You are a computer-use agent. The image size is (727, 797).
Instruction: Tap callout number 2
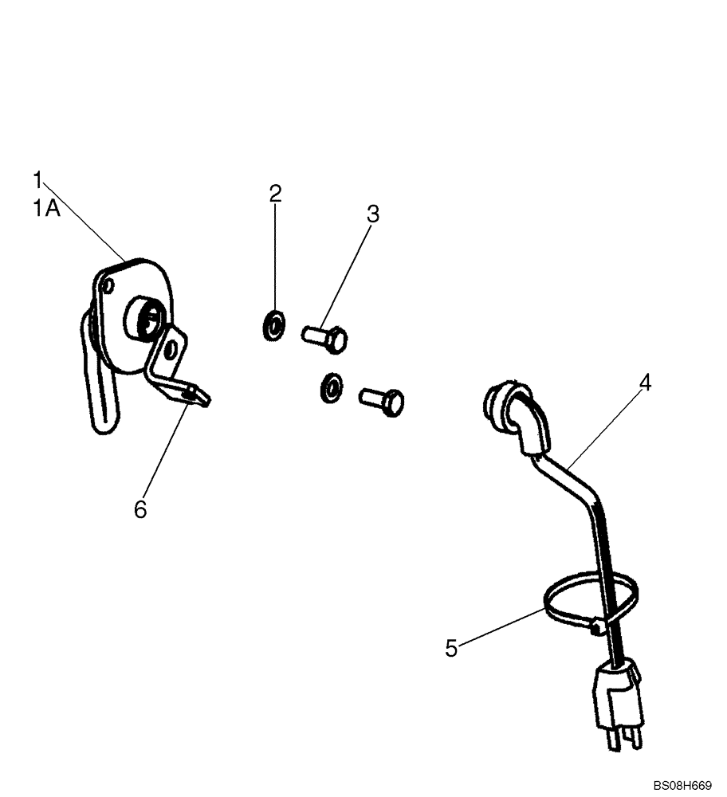[275, 193]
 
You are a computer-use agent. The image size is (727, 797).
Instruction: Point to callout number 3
[373, 214]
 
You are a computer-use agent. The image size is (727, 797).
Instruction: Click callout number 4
[646, 383]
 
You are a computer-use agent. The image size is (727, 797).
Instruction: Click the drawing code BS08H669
[682, 785]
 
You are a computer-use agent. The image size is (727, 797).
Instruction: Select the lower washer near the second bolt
[330, 387]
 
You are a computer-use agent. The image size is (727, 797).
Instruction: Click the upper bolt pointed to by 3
[326, 338]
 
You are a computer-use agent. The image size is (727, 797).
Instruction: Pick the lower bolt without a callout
[383, 399]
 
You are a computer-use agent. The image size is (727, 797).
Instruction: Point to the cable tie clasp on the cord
[595, 629]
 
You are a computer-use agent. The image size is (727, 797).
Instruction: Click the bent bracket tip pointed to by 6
[198, 395]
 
